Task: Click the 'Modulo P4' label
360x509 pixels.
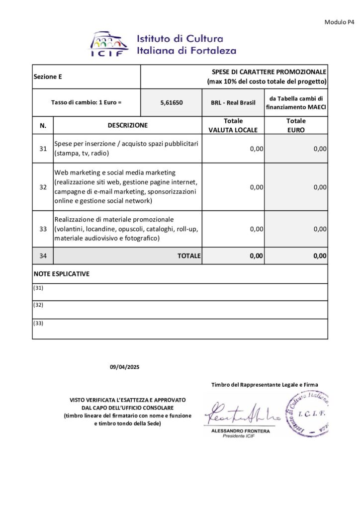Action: pos(339,22)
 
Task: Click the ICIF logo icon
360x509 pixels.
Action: pos(108,44)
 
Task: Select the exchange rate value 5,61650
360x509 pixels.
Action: pos(172,103)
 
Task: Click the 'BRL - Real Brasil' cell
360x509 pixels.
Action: pos(233,103)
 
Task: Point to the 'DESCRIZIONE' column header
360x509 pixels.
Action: pos(127,125)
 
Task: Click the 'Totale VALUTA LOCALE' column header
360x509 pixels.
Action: pos(233,125)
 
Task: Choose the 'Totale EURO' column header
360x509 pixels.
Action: pos(296,125)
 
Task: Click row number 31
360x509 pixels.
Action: pos(43,149)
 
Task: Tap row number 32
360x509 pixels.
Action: pos(43,187)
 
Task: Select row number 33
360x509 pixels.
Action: pos(43,229)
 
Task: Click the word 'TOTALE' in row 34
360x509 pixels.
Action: pos(189,256)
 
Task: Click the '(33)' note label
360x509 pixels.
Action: pos(38,323)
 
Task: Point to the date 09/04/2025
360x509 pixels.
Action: pos(125,367)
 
